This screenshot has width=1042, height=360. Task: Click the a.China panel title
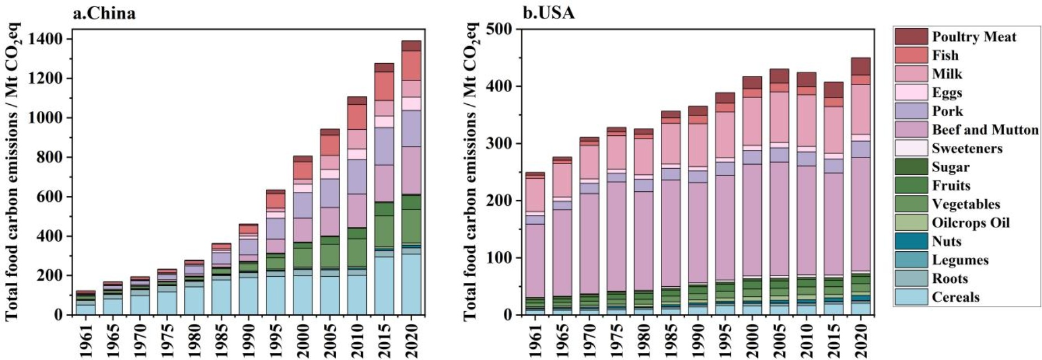(x=104, y=13)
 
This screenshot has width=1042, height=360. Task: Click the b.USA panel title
(x=548, y=13)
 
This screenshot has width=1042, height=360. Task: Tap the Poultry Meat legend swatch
(x=911, y=37)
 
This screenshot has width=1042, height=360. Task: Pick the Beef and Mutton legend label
(x=985, y=130)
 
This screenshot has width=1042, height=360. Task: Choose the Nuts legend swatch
(x=911, y=241)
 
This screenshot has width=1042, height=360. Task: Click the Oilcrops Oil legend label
(x=970, y=223)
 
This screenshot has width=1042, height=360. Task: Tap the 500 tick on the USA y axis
(x=500, y=29)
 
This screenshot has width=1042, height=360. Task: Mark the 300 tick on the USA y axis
(x=500, y=144)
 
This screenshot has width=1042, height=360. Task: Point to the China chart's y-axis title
(x=12, y=172)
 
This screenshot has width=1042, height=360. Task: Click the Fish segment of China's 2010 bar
(x=357, y=117)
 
